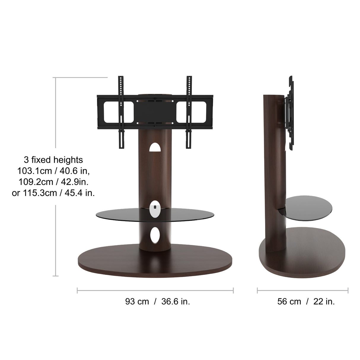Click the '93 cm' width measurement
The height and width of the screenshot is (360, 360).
137,302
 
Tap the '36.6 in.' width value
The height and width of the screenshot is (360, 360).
176,302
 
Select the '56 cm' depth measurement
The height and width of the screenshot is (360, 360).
289,302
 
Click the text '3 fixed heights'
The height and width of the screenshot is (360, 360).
53,160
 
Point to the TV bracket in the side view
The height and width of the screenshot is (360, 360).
290,113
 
